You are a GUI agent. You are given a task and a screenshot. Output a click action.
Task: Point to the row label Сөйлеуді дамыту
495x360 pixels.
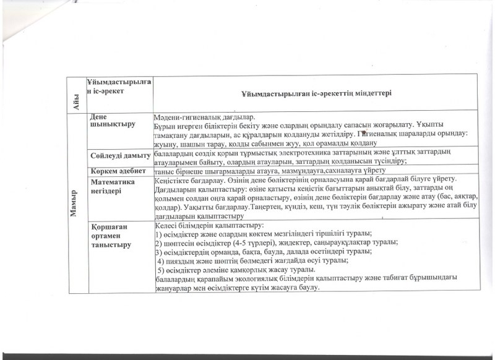119,153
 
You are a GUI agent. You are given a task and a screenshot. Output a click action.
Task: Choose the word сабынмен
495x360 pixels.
256,142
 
